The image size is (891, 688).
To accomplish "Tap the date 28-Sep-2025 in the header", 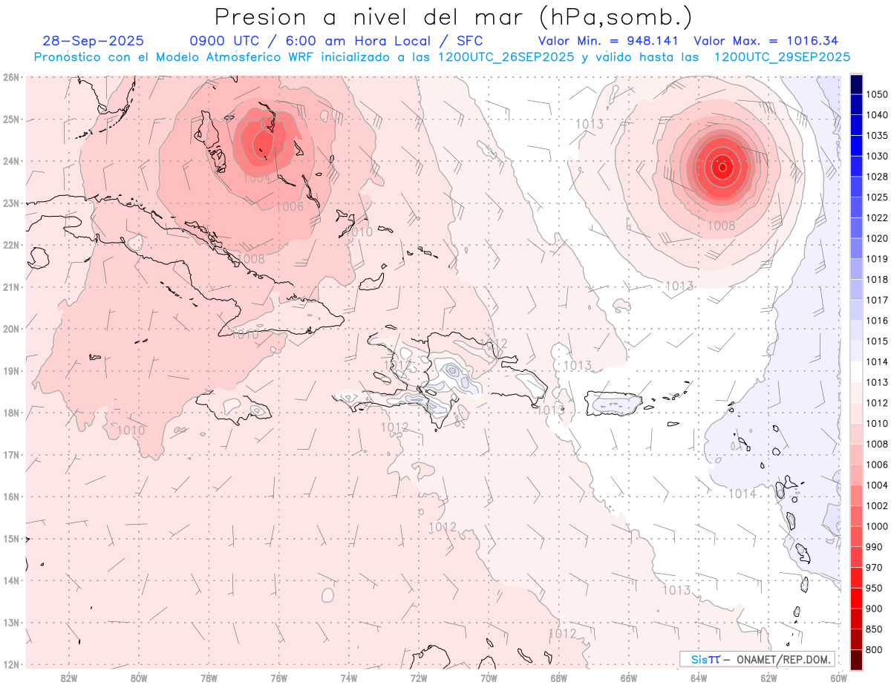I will click(94, 41).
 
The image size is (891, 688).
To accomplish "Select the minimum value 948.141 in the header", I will click(647, 41).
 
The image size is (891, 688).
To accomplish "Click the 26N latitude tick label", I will click(10, 77).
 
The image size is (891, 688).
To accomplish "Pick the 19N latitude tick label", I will click(10, 371).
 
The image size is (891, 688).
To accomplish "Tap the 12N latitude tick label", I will click(10, 664).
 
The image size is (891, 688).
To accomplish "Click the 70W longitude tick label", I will click(489, 678).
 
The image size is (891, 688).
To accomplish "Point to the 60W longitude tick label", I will click(838, 678).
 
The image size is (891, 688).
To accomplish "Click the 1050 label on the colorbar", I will click(877, 94).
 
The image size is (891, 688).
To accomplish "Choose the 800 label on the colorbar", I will click(875, 649).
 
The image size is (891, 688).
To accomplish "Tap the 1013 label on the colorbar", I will click(877, 382).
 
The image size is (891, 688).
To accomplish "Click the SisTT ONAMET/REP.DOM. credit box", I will click(757, 659).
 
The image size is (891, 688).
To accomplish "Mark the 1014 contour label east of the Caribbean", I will click(742, 494).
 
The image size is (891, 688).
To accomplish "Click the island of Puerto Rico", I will click(615, 403).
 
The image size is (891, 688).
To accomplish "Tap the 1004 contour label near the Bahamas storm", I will click(257, 178).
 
